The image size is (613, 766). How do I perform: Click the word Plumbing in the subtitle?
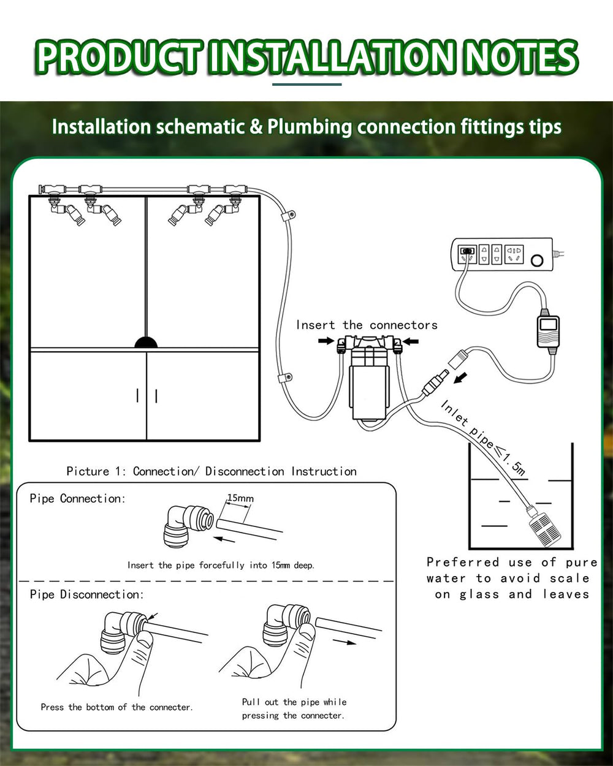(310, 127)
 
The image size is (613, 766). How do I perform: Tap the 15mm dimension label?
(240, 498)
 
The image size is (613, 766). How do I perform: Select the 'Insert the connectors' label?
(367, 325)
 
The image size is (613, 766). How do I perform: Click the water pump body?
(368, 383)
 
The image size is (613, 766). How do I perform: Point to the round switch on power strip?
(538, 260)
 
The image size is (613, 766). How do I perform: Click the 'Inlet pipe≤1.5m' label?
(483, 436)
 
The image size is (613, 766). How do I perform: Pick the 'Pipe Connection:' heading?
(77, 498)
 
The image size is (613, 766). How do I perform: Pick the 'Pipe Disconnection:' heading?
(86, 594)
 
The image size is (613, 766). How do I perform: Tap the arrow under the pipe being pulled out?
(346, 642)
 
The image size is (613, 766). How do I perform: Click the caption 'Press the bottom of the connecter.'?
(116, 707)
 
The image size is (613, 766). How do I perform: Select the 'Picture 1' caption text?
(96, 471)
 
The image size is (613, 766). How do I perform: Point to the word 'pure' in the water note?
(581, 562)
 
